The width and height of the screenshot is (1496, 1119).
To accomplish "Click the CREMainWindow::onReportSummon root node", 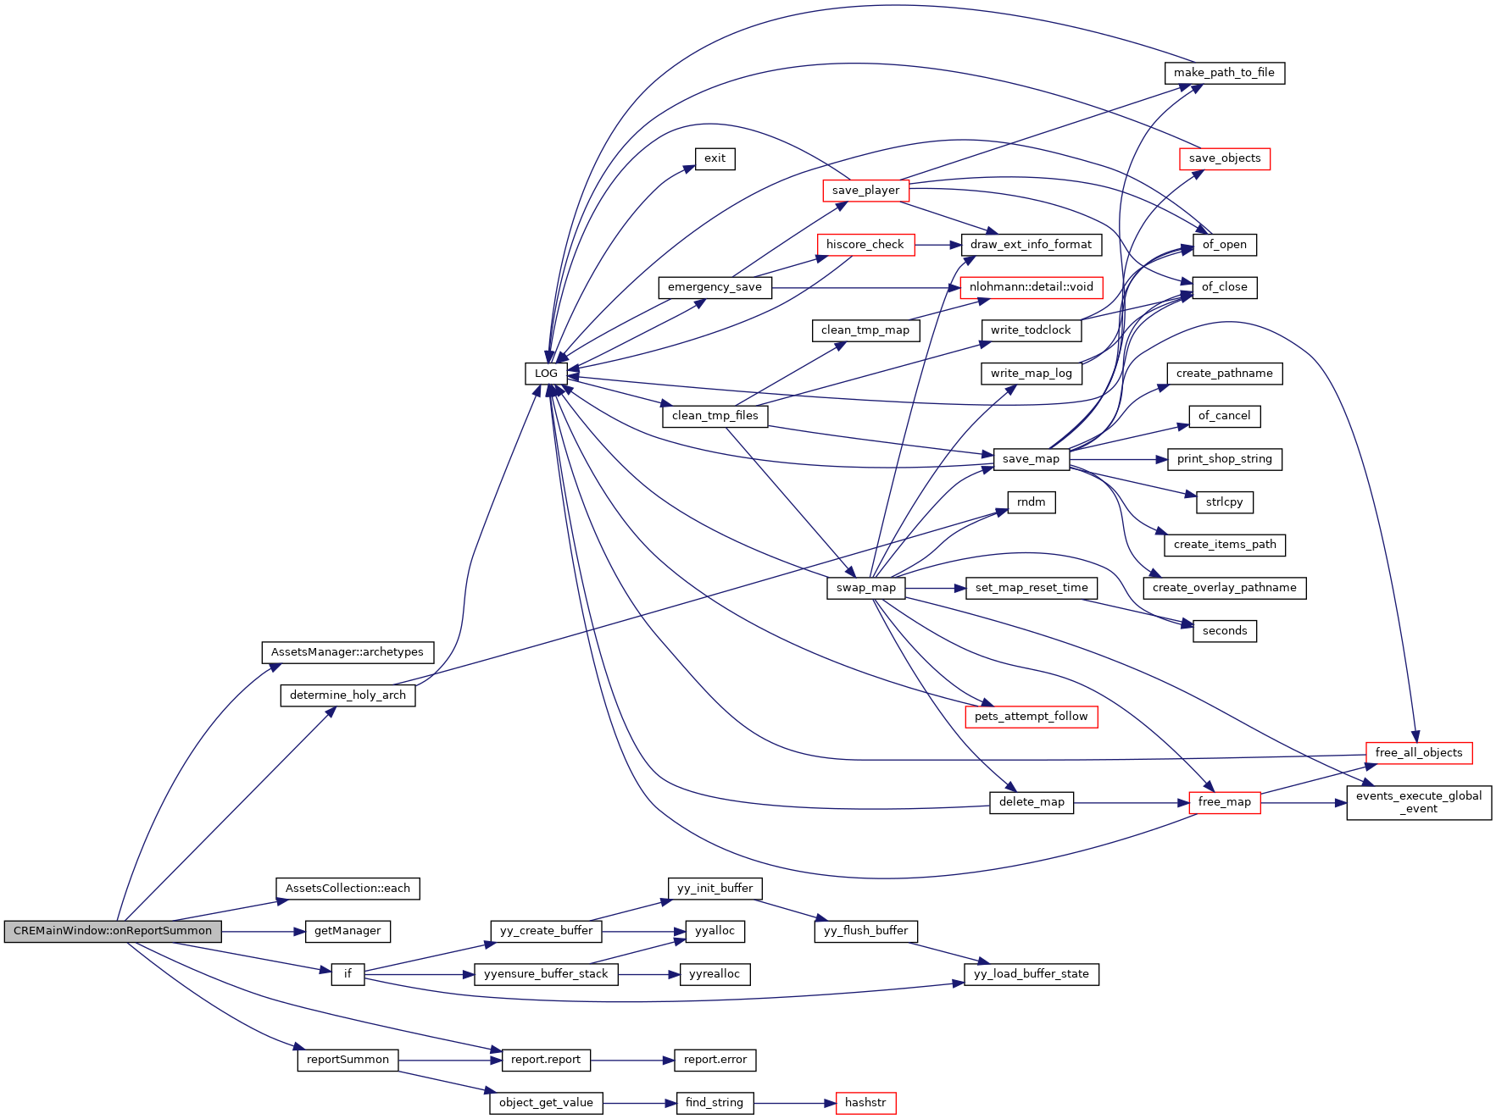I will click(113, 931).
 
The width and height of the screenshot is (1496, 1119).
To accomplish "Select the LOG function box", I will click(546, 374).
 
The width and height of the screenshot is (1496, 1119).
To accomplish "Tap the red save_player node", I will click(865, 191).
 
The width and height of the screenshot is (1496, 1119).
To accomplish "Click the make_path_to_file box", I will click(1224, 73).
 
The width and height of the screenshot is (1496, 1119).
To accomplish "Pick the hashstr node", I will click(865, 1103).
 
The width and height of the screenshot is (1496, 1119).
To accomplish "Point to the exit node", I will click(715, 158).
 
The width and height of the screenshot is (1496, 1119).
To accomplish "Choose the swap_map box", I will click(865, 588).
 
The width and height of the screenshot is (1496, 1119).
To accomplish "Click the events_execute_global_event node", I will click(1418, 802).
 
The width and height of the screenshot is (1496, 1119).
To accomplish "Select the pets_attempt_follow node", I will click(1031, 717).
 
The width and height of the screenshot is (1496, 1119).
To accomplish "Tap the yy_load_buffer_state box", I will click(1031, 974).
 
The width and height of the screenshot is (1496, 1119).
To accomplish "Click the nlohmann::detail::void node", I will click(1031, 287).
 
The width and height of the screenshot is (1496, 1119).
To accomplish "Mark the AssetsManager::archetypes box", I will click(348, 652).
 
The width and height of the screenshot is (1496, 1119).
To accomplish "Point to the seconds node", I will click(1224, 631).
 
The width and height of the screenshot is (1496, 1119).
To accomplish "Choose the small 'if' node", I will click(348, 974).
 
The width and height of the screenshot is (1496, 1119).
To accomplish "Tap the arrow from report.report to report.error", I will click(631, 1061).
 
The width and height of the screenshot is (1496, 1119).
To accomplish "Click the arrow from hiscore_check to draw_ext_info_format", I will click(937, 245).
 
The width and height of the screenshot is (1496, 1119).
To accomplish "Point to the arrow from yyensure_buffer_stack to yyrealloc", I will click(648, 975).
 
